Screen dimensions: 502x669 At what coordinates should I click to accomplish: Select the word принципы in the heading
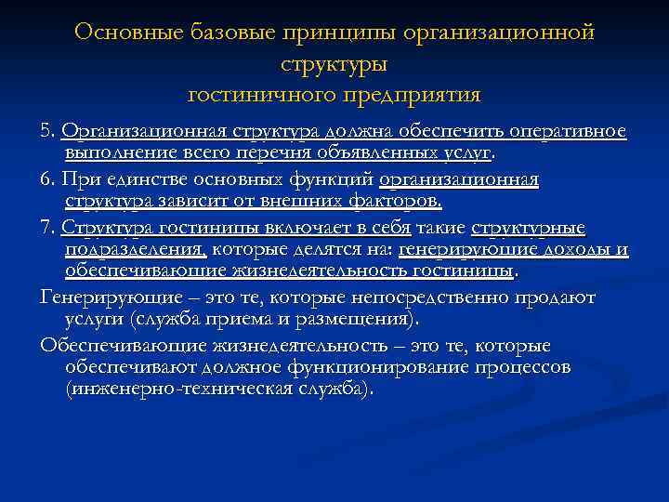342,33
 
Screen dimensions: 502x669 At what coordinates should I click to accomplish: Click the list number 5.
49,132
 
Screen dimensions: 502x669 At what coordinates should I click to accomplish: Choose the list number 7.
49,226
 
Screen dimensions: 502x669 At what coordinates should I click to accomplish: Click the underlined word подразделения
136,249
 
